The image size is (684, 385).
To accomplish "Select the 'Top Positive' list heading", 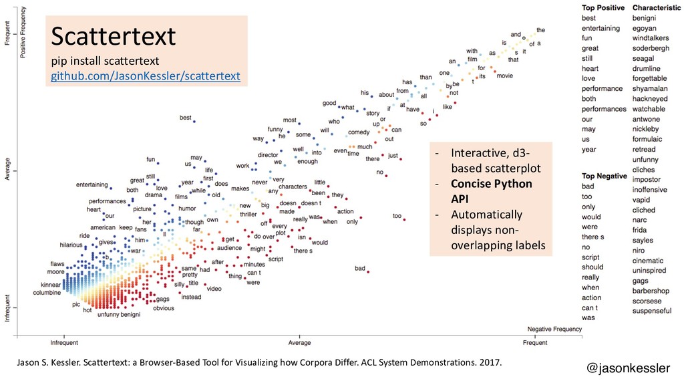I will [603, 8].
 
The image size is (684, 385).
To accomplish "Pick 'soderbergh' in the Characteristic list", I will [651, 48].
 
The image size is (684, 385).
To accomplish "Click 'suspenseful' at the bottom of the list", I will [652, 311].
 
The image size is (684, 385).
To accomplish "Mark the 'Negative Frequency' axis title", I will [555, 330].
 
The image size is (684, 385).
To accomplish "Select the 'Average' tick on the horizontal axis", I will [299, 343].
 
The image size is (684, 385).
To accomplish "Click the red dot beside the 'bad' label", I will [368, 270].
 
